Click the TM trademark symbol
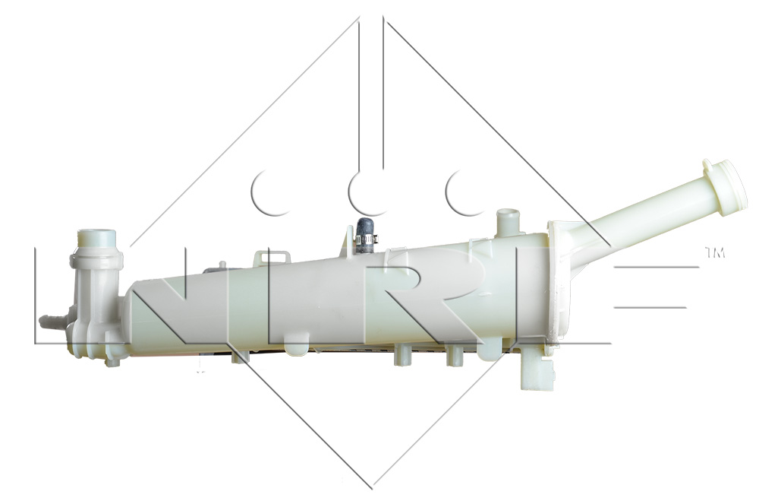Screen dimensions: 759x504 tap(715, 252)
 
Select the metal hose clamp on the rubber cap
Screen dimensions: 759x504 tap(366, 239)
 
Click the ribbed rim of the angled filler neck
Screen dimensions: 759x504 tap(726, 187)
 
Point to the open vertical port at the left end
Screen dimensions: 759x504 tap(97, 239)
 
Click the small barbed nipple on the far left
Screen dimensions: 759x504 tap(52, 322)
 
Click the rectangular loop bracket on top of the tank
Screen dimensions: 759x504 tap(272, 258)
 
